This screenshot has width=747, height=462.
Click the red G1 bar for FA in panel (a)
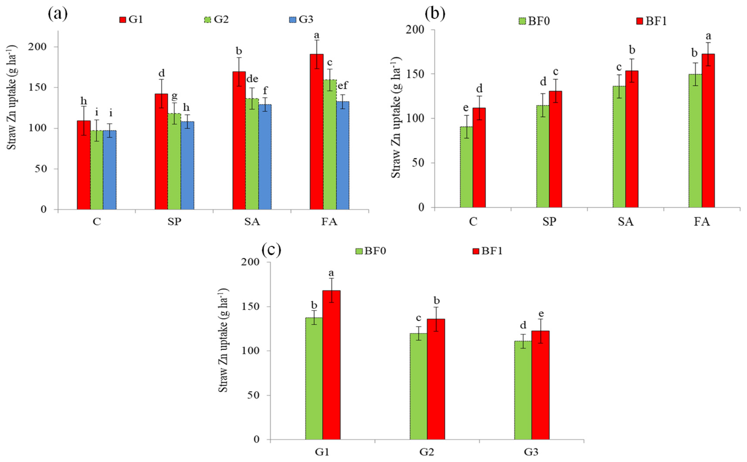pos(316,131)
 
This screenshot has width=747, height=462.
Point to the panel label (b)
pos(435,14)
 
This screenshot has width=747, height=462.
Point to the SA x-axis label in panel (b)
pos(626,221)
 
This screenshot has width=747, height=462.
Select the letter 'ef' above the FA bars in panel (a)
pos(343,85)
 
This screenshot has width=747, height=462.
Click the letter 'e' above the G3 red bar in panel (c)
pos(541,314)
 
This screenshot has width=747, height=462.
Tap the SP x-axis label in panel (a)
pos(174,221)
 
